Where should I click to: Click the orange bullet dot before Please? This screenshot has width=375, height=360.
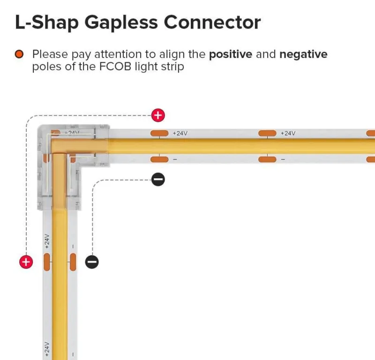pos(19,54)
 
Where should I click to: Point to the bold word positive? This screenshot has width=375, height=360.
pos(231,54)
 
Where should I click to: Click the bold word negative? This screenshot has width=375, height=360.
pos(303,54)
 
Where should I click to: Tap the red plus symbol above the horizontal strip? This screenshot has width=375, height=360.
pos(158,115)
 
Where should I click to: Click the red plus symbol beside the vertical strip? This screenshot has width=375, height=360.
pos(26,262)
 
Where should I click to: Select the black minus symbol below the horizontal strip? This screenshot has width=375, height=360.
pos(158,179)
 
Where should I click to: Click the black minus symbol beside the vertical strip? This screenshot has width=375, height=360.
pos(92,262)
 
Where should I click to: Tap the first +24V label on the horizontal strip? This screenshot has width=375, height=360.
pos(180,133)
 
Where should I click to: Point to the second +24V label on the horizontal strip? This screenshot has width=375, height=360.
pos(288,133)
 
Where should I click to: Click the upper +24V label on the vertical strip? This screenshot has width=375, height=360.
pos(46,241)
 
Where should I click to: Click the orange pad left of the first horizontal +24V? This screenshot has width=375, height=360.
pos(159,133)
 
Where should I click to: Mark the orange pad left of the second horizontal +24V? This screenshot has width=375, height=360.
pos(268,133)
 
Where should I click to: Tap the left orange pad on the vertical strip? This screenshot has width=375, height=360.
pos(47,262)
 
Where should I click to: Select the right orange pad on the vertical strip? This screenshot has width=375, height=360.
pos(73,262)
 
